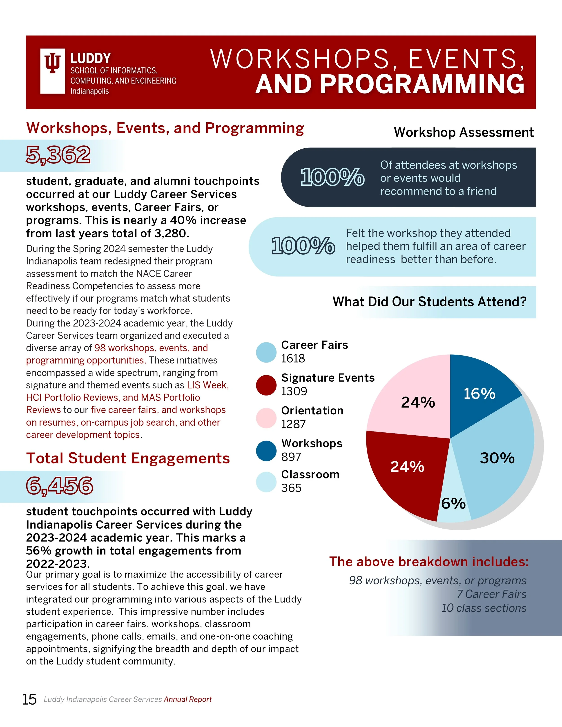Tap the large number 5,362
click(58, 155)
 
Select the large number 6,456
click(60, 485)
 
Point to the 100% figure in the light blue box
click(303, 246)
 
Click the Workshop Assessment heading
click(464, 132)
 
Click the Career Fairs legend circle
click(266, 352)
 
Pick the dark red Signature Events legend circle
click(266, 385)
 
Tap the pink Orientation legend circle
click(266, 418)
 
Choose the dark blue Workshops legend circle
click(266, 451)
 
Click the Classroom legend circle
click(266, 482)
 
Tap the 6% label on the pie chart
click(453, 503)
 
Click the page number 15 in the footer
click(29, 699)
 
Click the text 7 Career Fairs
click(491, 594)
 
